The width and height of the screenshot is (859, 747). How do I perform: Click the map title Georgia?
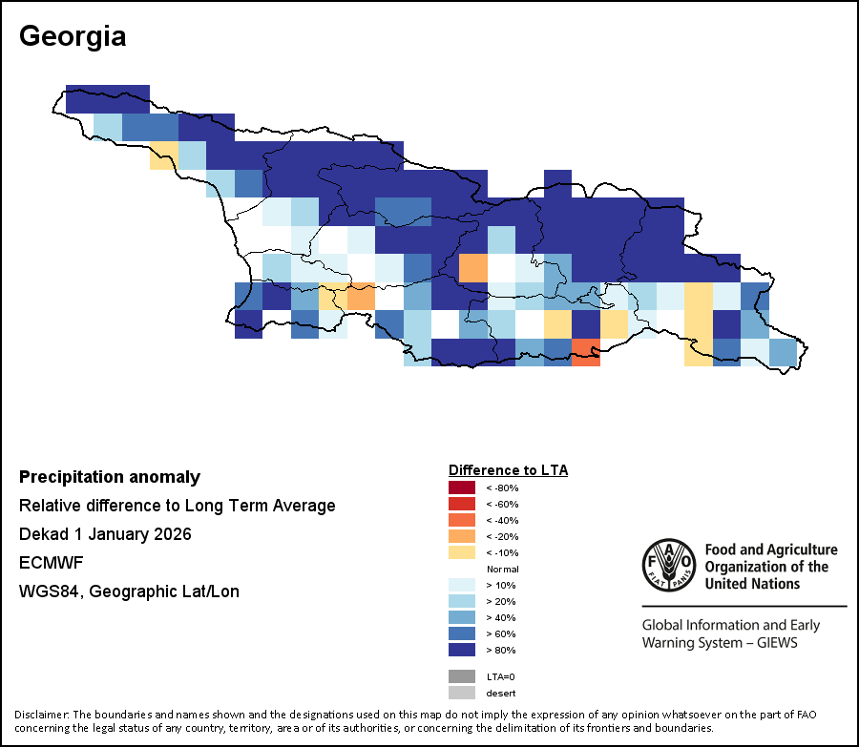73,37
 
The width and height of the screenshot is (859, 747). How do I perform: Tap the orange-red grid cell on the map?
586,353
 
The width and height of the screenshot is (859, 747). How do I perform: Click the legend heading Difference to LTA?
508,470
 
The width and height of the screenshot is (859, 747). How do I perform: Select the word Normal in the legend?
502,569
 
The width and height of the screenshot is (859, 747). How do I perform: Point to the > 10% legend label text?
500,585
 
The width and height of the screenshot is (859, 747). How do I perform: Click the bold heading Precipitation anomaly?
110,477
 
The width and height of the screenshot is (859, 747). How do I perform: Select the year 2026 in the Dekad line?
172,534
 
